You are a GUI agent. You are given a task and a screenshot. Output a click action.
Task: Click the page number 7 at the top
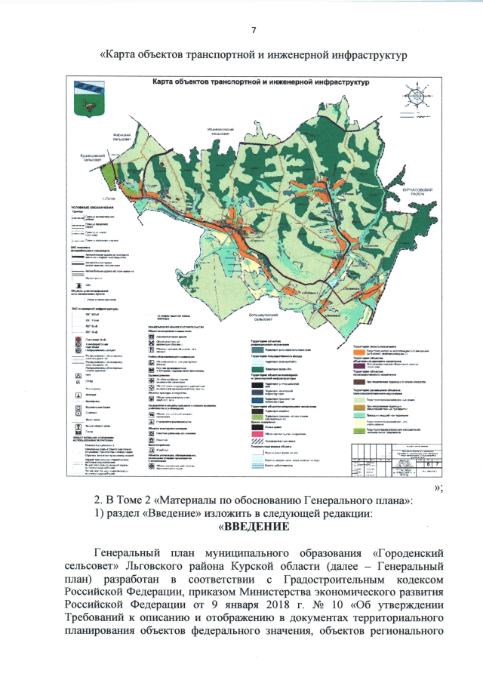253,30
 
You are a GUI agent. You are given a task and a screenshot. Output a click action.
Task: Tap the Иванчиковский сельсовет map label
228,131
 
